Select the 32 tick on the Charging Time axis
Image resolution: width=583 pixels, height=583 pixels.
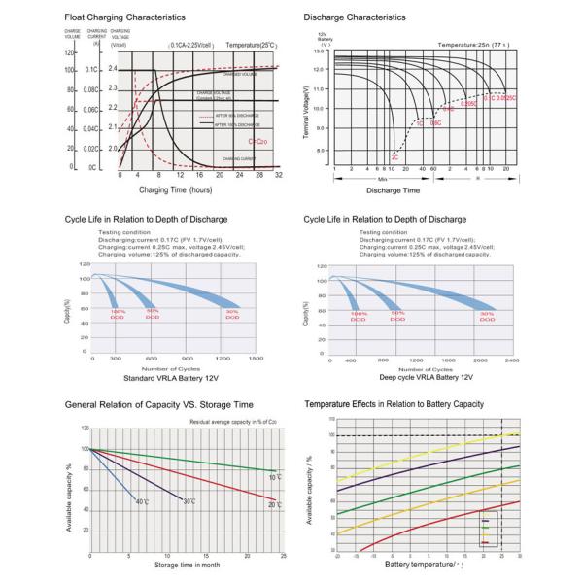279,176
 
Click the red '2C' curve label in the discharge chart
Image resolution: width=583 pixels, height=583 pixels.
394,156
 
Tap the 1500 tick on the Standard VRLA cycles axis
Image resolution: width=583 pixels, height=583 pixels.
256,360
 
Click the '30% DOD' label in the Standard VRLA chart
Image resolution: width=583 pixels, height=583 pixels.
231,315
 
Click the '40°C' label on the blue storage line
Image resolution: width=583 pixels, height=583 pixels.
143,501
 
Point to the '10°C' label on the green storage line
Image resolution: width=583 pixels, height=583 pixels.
275,477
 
